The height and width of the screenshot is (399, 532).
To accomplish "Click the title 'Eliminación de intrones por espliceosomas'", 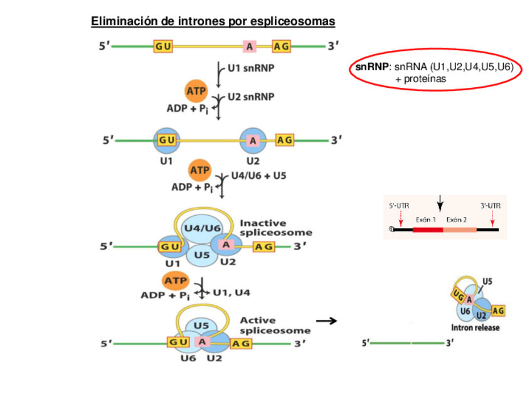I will click(213, 21).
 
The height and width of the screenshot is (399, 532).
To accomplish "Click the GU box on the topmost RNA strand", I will click(162, 46).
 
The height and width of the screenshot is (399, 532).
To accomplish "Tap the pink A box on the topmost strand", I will click(250, 46).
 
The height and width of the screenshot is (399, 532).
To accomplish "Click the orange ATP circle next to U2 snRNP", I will click(196, 90).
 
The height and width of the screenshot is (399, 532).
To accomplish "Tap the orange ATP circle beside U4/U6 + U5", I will click(200, 170).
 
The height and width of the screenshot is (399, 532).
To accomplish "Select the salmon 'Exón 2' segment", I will click(460, 230).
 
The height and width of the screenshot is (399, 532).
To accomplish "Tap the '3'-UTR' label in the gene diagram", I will click(491, 205).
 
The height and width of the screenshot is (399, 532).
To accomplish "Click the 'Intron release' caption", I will click(476, 327).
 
